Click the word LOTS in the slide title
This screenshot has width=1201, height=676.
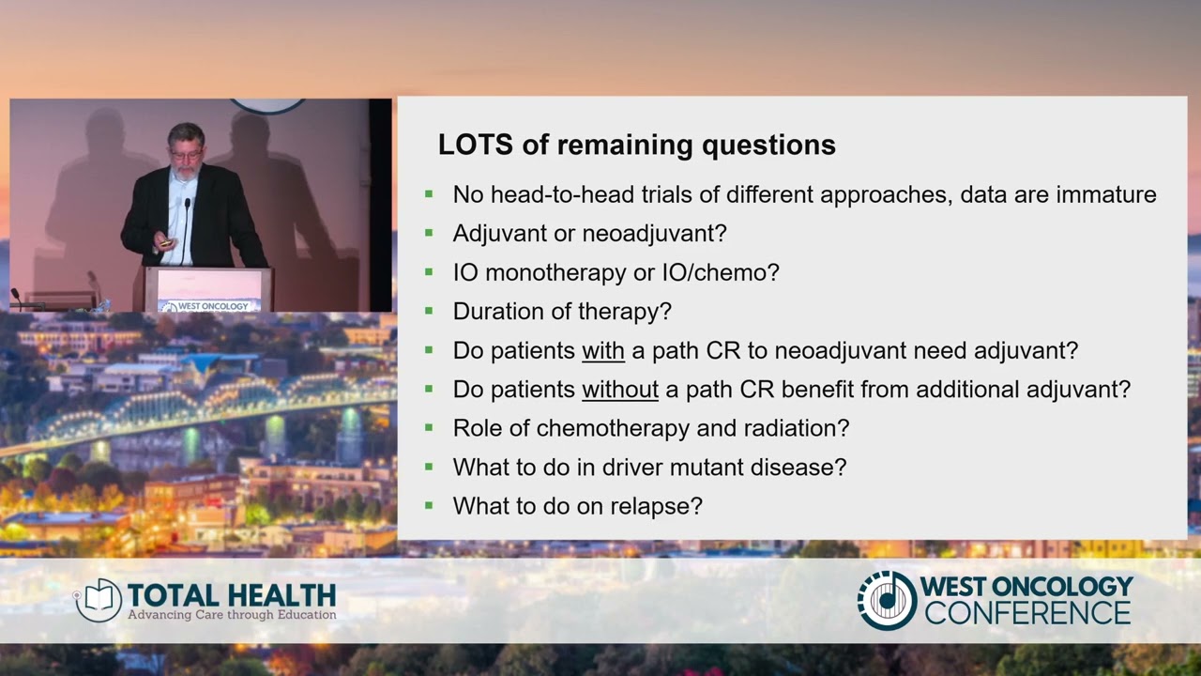(475, 145)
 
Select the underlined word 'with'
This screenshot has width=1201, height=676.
(603, 351)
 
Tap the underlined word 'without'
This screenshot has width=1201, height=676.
(620, 390)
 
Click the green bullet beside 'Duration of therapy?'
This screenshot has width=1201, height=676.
(429, 310)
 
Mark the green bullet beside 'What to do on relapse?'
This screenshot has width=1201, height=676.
(429, 505)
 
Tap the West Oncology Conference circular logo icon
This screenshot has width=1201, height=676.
(888, 600)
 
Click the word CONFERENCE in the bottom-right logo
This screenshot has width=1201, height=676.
(1028, 613)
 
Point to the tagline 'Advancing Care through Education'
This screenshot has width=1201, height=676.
(232, 615)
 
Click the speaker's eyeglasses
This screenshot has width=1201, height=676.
(187, 155)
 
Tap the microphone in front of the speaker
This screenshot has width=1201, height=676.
(186, 232)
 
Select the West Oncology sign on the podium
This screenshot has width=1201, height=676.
(208, 306)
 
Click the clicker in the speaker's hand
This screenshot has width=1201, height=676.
(167, 243)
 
